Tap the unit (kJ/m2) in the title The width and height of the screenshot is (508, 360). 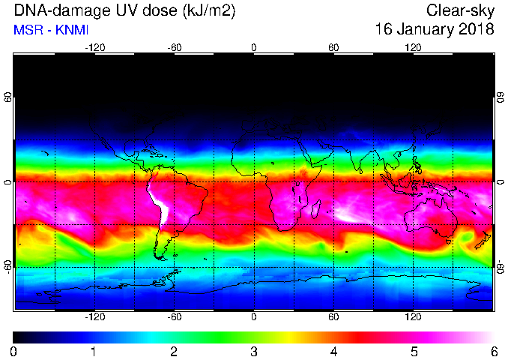tap(208, 11)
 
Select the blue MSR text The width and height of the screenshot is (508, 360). tap(30, 30)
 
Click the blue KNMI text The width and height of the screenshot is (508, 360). tap(72, 30)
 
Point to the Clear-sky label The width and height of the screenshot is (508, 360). tap(460, 11)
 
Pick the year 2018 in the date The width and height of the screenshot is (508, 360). tap(477, 28)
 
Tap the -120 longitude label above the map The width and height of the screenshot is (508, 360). tap(95, 48)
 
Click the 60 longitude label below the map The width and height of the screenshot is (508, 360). tap(333, 316)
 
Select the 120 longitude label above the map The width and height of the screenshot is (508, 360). tap(413, 48)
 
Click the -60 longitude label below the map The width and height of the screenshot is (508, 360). tap(175, 316)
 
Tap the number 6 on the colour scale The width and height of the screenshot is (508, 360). tap(494, 352)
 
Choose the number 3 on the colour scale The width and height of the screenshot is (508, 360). tap(254, 352)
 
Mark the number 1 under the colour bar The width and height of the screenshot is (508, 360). tap(94, 352)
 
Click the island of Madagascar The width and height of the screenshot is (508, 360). tap(316, 208)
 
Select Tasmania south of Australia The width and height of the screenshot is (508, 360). tap(448, 241)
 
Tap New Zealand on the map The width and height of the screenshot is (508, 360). tap(483, 240)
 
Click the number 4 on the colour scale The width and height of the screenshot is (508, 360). tap(333, 352)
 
